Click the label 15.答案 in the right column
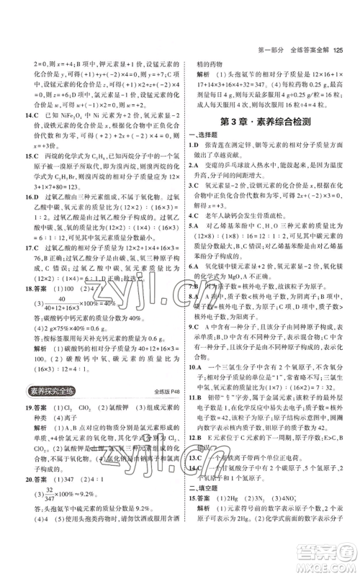(201, 528)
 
